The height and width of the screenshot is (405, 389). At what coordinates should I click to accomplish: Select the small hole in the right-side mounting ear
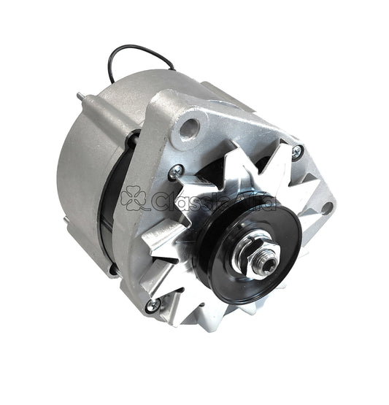327,207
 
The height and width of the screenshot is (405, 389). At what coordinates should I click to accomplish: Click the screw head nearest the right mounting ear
297,152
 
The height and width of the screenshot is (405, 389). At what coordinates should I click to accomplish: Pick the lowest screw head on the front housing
152,306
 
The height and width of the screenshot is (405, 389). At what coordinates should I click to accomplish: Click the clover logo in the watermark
135,199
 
